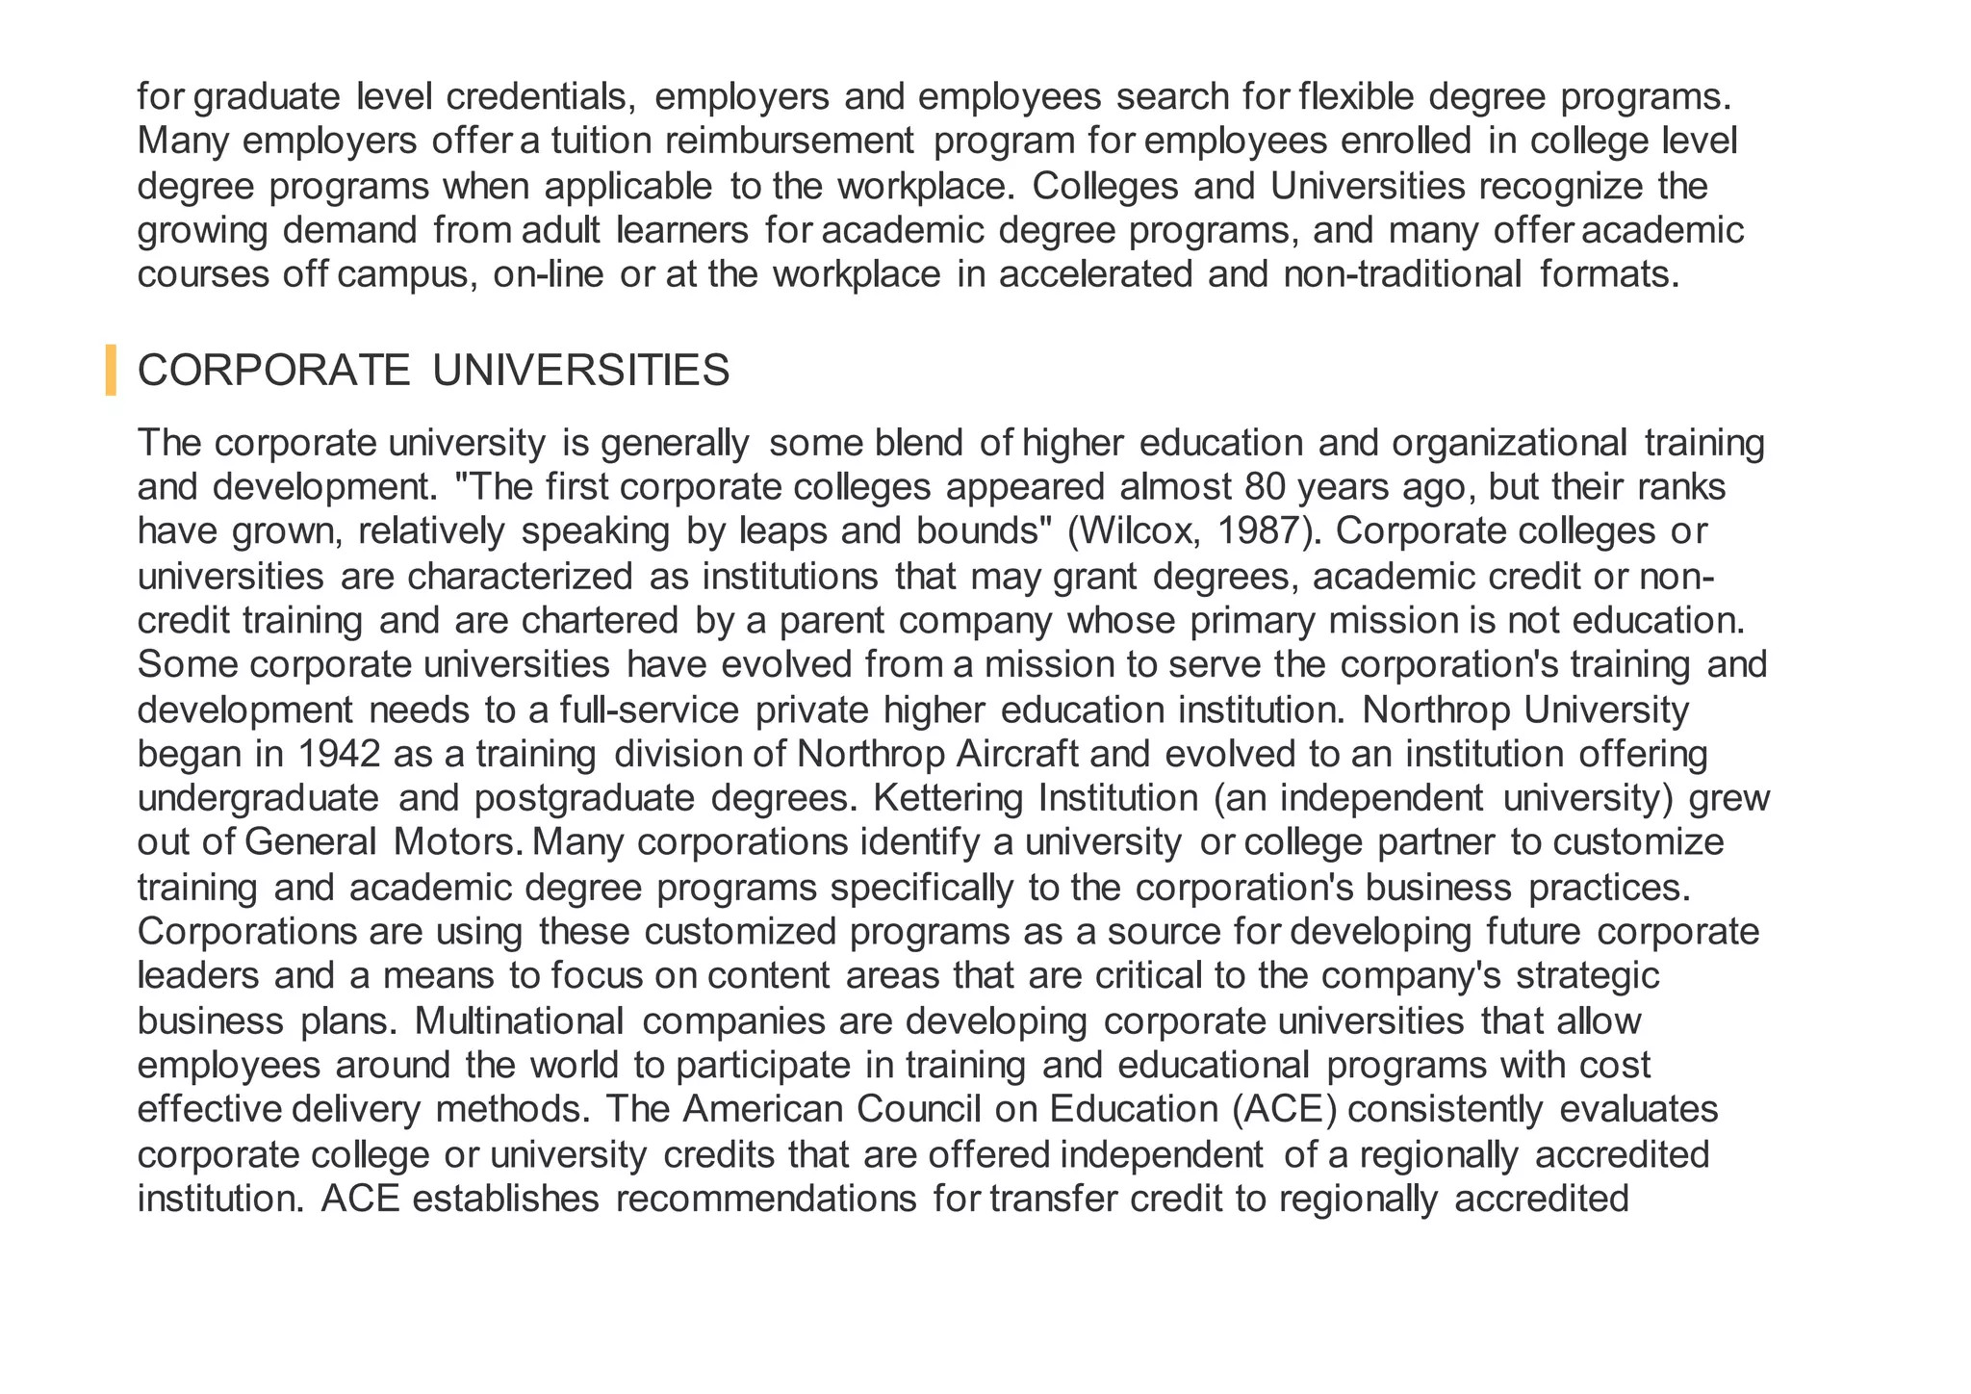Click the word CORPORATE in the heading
274,371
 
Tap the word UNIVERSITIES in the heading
581,371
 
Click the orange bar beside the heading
111,370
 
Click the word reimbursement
789,142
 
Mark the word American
762,1109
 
